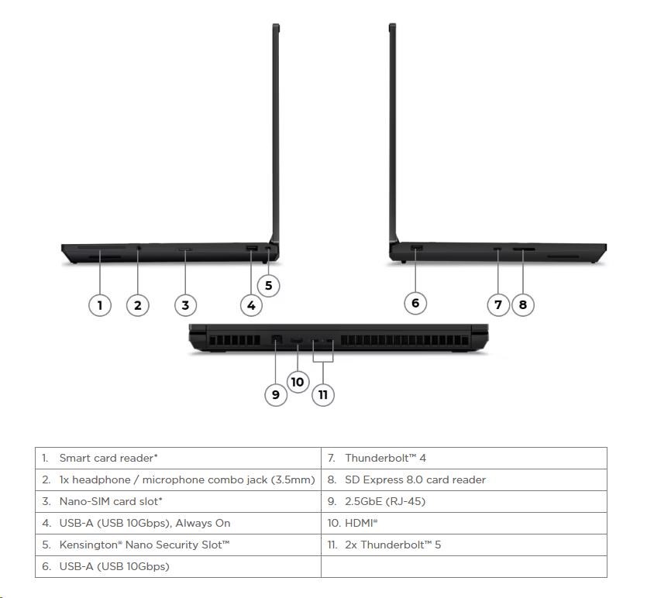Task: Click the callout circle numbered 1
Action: [x=100, y=305]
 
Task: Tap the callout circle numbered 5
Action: [x=268, y=285]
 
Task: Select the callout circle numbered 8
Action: [x=523, y=304]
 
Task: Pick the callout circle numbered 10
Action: [x=298, y=382]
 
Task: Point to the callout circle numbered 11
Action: [x=323, y=395]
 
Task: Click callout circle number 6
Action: [x=415, y=303]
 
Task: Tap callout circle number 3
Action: [x=185, y=305]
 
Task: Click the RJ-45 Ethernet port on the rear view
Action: [x=277, y=340]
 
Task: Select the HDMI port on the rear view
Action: [x=297, y=341]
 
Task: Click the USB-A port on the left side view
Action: [x=252, y=249]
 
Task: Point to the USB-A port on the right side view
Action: [x=417, y=247]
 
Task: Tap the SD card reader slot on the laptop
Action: [x=524, y=249]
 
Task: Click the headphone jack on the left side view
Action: [x=139, y=248]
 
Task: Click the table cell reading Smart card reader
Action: [x=108, y=459]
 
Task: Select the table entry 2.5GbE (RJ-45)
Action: [x=385, y=501]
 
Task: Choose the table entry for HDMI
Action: [x=361, y=523]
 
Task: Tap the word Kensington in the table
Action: [x=90, y=545]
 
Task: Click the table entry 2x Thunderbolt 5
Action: [x=393, y=545]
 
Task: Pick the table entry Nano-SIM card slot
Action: [x=111, y=501]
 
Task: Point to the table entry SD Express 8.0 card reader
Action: [x=415, y=479]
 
